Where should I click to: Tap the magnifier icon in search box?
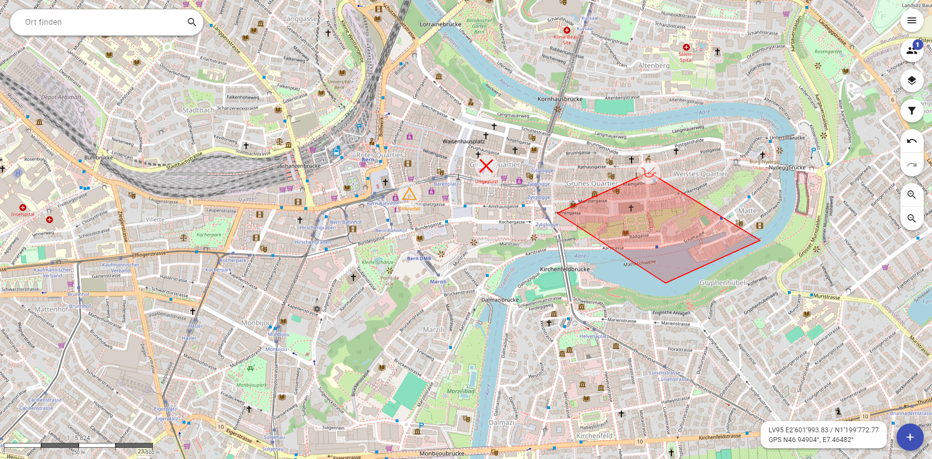[192, 22]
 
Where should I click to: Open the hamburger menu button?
[912, 20]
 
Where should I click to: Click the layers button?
[912, 81]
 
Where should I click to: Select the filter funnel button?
[912, 111]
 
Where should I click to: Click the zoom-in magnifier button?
[912, 195]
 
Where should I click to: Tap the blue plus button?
[910, 437]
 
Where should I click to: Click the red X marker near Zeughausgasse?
[486, 166]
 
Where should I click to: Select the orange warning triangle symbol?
[409, 195]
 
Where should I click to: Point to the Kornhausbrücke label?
[560, 99]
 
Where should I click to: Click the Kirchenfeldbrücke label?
[565, 269]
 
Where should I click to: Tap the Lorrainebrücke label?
[440, 24]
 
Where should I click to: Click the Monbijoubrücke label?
[442, 454]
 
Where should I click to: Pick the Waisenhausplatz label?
[463, 141]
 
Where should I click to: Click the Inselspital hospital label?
[23, 214]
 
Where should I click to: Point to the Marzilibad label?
[460, 391]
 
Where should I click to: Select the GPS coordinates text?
[811, 440]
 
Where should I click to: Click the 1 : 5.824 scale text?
[78, 438]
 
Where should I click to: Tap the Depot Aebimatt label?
[61, 97]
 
